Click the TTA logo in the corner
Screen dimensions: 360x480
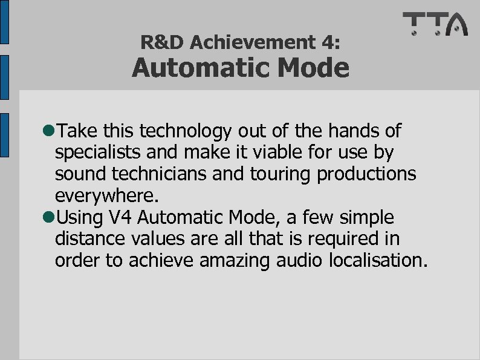coord(435,24)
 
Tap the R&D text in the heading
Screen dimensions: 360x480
coord(161,42)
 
